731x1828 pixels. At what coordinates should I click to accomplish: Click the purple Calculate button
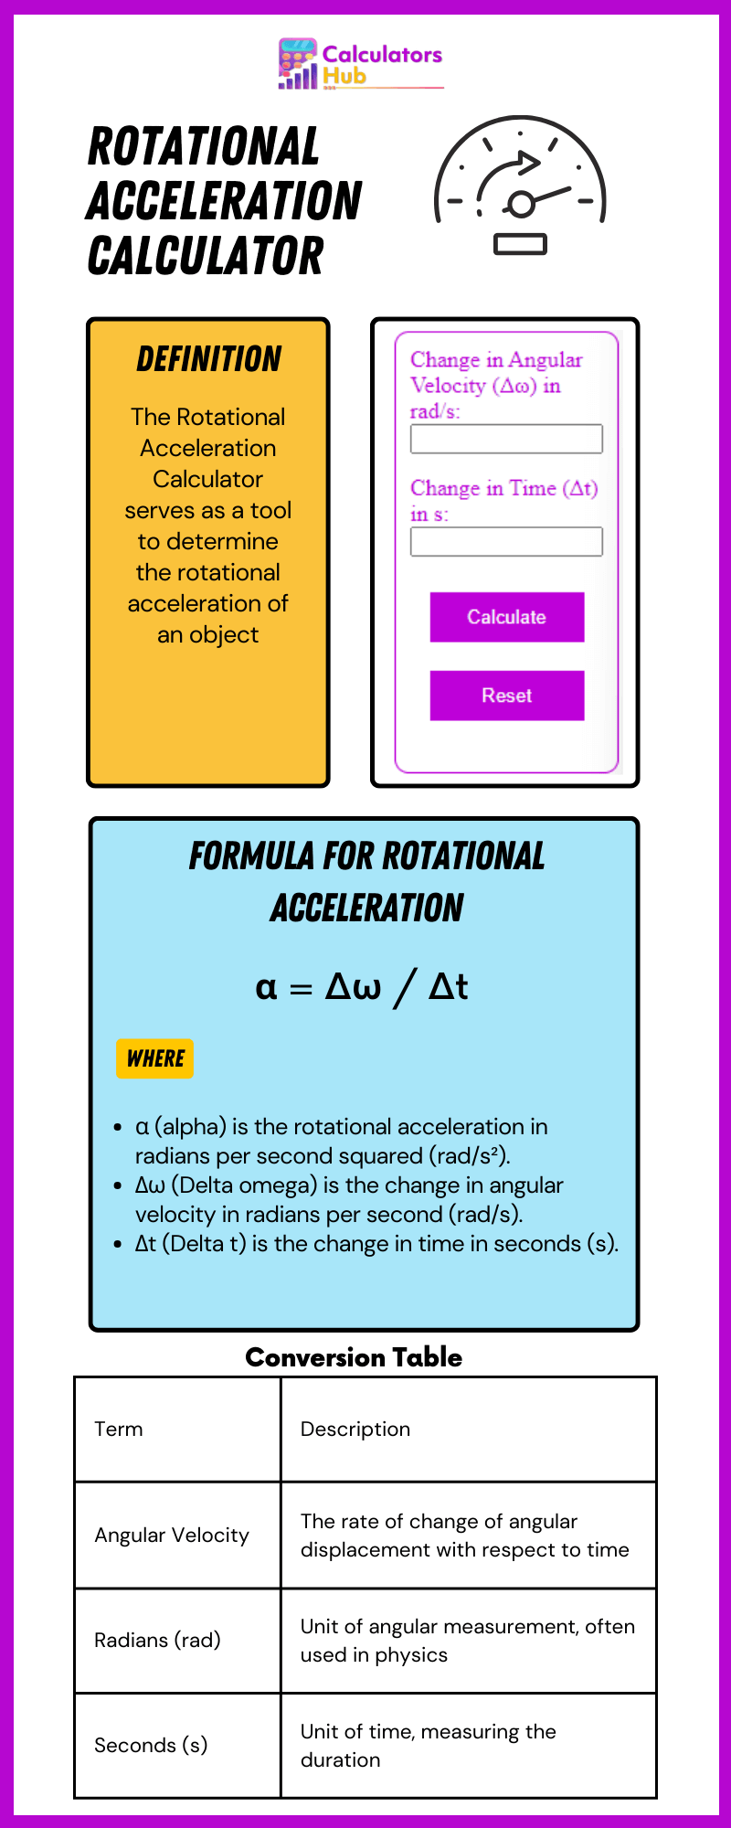pyautogui.click(x=507, y=617)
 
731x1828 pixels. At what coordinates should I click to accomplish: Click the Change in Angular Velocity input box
pyautogui.click(x=506, y=439)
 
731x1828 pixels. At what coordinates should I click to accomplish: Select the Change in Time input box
pyautogui.click(x=506, y=542)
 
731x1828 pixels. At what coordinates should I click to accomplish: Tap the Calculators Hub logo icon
pyautogui.click(x=298, y=63)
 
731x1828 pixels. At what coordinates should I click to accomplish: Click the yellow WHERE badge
pyautogui.click(x=155, y=1058)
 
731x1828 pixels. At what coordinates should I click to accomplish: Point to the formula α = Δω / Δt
pyautogui.click(x=362, y=987)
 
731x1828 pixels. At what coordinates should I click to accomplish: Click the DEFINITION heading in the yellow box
pyautogui.click(x=209, y=359)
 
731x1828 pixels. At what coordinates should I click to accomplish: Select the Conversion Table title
pyautogui.click(x=354, y=1357)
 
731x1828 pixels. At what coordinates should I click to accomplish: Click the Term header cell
pyautogui.click(x=177, y=1429)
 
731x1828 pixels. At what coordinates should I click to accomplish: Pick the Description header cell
pyautogui.click(x=469, y=1429)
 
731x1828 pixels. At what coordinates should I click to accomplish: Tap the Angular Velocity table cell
pyautogui.click(x=177, y=1535)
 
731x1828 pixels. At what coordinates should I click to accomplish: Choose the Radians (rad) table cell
pyautogui.click(x=177, y=1640)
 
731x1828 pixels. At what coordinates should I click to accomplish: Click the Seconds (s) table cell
pyautogui.click(x=177, y=1745)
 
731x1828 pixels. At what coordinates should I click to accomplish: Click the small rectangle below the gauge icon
pyautogui.click(x=520, y=244)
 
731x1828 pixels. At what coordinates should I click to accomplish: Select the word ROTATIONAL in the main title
pyautogui.click(x=204, y=146)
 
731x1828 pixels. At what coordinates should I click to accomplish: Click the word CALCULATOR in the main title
pyautogui.click(x=206, y=256)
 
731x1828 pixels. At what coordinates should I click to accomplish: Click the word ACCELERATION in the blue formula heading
pyautogui.click(x=367, y=908)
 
